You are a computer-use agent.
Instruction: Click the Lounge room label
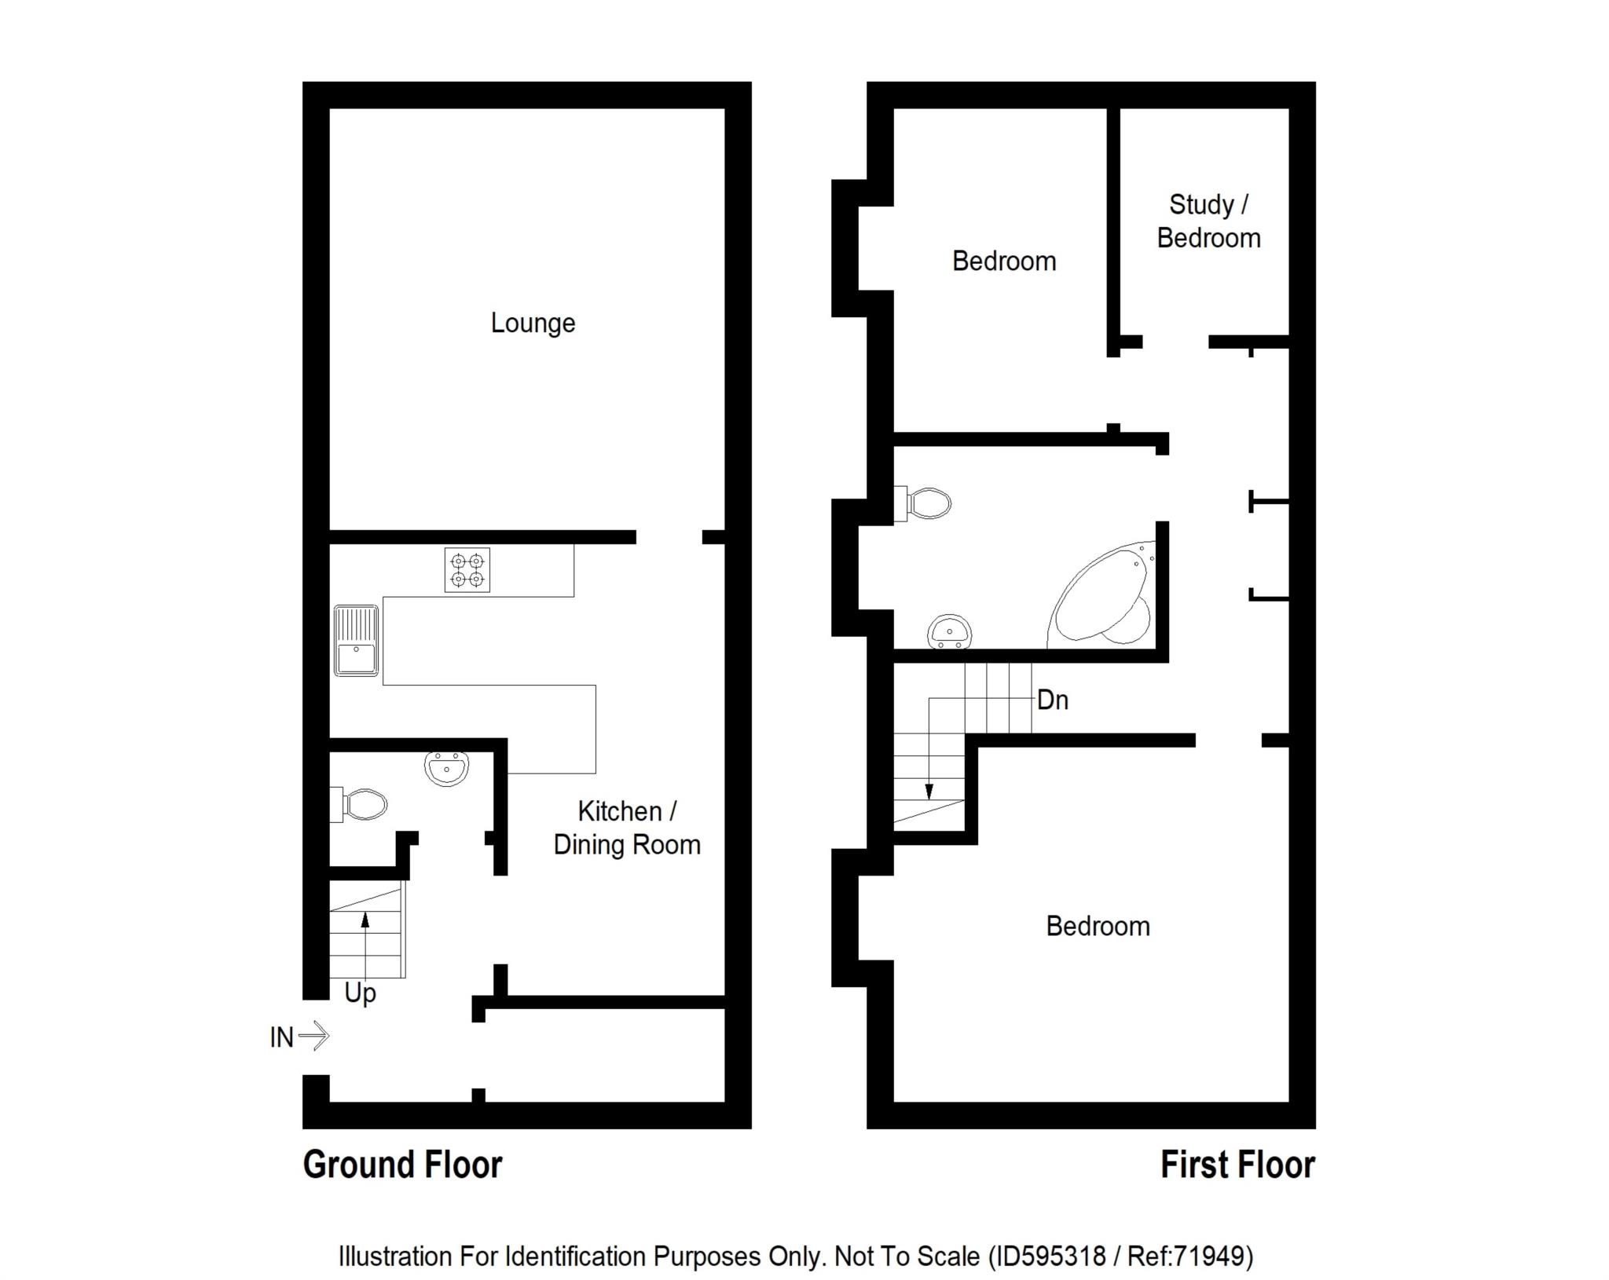click(533, 323)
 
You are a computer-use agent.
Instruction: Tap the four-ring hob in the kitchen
click(467, 569)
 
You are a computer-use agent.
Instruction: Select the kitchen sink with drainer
click(356, 640)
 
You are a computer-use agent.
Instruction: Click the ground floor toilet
click(359, 804)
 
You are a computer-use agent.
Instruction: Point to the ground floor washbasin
click(446, 768)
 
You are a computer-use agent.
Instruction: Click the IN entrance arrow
click(314, 1036)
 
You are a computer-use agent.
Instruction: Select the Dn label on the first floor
click(1053, 700)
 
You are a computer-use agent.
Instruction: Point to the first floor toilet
click(923, 503)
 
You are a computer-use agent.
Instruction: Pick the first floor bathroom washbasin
click(950, 632)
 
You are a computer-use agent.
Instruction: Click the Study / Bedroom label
click(1208, 221)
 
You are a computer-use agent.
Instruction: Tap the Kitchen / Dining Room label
click(627, 828)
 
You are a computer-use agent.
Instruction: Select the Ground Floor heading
click(402, 1165)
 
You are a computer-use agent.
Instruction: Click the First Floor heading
click(1237, 1165)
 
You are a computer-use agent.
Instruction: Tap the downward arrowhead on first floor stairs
click(929, 791)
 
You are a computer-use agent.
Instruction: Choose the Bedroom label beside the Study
click(1004, 261)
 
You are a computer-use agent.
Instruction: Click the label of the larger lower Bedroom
click(1098, 926)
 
